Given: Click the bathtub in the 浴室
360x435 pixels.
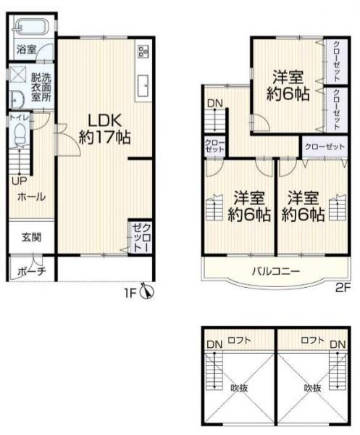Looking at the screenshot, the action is click(x=31, y=27).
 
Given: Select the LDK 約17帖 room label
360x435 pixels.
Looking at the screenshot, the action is click(x=105, y=129).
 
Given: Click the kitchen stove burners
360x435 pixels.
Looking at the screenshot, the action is click(x=143, y=51).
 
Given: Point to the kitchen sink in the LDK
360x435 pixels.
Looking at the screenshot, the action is click(x=143, y=86).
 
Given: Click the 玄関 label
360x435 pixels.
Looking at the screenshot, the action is click(x=32, y=238).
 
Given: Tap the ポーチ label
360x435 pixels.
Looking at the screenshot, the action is click(x=32, y=271).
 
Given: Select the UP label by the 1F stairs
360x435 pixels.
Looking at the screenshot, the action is click(x=19, y=181).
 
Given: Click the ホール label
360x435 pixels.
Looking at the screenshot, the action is click(x=32, y=197).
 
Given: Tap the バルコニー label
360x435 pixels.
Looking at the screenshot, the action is click(x=276, y=270).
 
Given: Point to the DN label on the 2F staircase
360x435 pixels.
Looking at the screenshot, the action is click(x=215, y=104).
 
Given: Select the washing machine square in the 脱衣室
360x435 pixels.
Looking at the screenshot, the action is click(x=18, y=74).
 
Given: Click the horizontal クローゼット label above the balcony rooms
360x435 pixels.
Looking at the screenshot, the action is click(x=325, y=146).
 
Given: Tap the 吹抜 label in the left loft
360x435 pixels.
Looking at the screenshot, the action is click(x=239, y=388).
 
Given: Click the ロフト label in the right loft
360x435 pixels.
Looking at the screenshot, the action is click(x=311, y=340).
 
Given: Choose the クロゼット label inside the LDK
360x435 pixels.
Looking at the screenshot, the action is click(x=142, y=238).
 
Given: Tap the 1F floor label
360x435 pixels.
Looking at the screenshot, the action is click(x=130, y=293).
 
